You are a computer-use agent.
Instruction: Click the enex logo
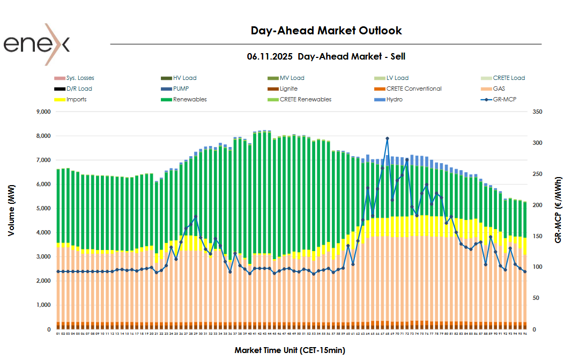click(36, 45)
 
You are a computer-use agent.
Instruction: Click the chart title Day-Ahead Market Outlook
click(326, 31)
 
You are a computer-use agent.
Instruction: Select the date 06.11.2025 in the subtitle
click(270, 56)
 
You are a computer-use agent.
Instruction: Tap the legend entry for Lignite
click(288, 89)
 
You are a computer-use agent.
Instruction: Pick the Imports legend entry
click(76, 99)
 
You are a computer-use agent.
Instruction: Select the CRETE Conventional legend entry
click(413, 89)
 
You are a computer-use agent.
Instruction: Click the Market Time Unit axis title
click(290, 350)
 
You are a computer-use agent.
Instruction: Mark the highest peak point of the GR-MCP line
click(387, 138)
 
